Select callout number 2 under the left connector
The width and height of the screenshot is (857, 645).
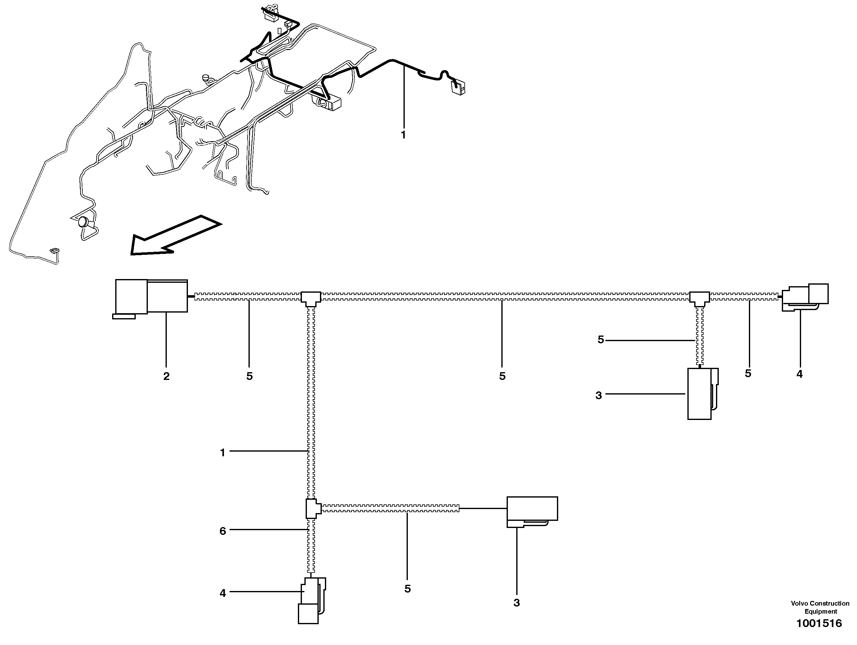(x=166, y=376)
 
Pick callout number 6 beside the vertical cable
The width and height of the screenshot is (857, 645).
(x=222, y=531)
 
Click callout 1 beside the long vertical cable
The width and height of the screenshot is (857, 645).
(x=222, y=452)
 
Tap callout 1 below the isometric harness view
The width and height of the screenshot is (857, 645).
(x=403, y=135)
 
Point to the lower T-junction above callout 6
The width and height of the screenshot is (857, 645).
(x=312, y=508)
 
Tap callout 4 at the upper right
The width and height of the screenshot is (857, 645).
(x=799, y=374)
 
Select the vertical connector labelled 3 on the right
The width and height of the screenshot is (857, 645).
(x=701, y=394)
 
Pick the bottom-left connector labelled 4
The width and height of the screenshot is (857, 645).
(x=312, y=601)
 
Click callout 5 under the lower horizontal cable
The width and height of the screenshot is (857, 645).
(x=407, y=589)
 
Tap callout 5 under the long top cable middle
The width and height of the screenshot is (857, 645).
(x=502, y=376)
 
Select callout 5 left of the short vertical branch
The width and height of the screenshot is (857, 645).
(x=600, y=340)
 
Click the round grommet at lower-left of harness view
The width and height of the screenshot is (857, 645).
(x=83, y=222)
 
